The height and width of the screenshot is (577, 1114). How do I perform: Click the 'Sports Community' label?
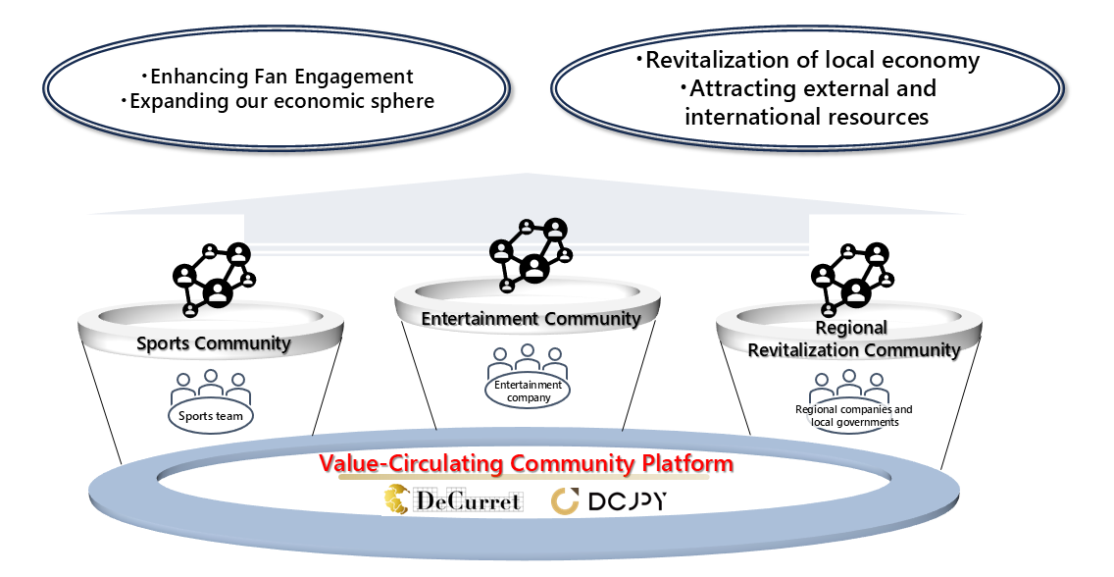click(213, 343)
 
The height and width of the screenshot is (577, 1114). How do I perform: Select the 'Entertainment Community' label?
click(531, 319)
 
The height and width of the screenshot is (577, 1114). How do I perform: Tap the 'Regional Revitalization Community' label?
click(852, 339)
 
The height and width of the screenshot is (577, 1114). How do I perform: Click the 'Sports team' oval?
click(211, 416)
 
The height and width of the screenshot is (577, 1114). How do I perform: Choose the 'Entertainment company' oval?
click(528, 391)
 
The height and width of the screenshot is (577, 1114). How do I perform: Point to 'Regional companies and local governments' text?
click(853, 415)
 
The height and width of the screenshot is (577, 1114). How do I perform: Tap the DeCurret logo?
click(453, 501)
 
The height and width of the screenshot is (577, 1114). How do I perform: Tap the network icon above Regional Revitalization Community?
click(852, 275)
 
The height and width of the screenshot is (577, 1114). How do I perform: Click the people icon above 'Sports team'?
click(211, 388)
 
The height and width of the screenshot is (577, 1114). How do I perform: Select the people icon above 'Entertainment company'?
click(528, 360)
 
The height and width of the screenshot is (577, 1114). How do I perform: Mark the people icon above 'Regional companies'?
click(849, 386)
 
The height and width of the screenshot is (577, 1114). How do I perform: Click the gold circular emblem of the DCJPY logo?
click(566, 501)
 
